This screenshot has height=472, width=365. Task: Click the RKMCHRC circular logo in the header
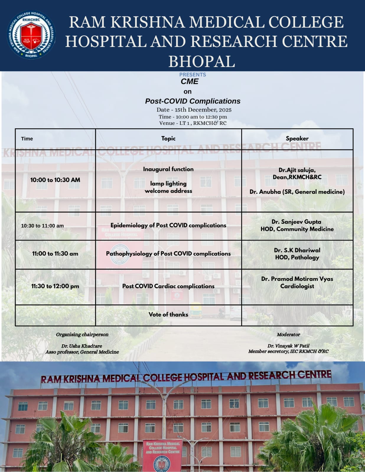tap(31, 35)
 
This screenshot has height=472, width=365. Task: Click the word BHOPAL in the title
tap(202, 62)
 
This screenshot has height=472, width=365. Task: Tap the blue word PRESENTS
tap(193, 75)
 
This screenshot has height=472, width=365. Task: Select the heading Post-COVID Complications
tap(193, 101)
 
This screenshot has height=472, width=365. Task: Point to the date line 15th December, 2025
tap(194, 110)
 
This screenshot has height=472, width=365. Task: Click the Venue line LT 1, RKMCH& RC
tap(193, 123)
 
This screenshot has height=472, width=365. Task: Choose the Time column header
tap(27, 139)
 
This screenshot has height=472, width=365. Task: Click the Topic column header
tap(168, 138)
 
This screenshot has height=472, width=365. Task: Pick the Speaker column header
tap(297, 138)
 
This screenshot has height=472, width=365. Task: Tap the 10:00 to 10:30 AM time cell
tap(55, 180)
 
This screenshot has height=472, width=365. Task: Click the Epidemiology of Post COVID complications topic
tap(168, 225)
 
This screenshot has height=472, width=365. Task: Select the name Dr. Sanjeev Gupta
tap(296, 222)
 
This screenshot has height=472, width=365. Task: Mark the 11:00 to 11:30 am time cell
tap(55, 254)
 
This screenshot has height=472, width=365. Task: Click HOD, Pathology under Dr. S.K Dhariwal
tap(297, 257)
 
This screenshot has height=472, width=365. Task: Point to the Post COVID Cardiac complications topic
tap(168, 286)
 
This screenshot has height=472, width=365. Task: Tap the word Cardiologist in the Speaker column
tap(297, 286)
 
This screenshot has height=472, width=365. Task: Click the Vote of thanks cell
tap(168, 314)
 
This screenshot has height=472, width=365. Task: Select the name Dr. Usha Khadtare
tap(82, 346)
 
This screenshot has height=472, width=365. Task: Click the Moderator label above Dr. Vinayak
tap(288, 335)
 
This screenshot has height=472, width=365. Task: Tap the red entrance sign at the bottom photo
tap(163, 454)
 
